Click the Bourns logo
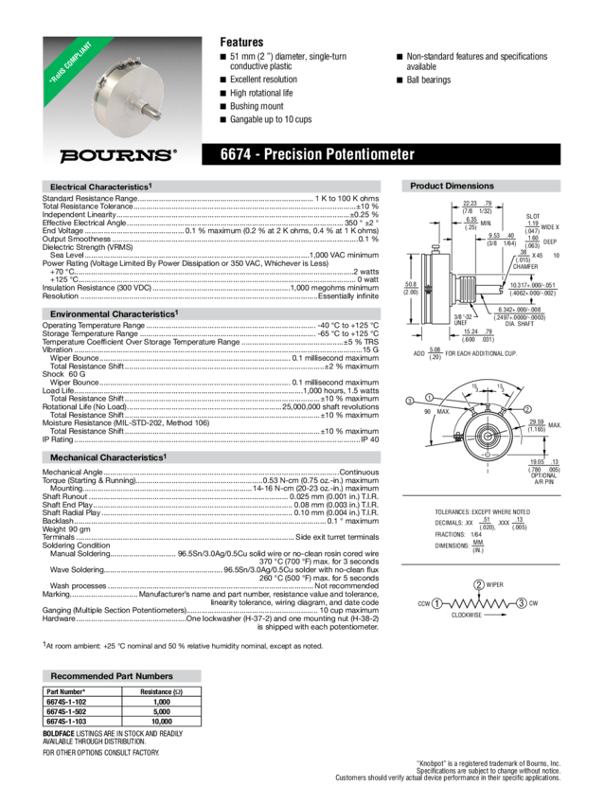pyautogui.click(x=117, y=154)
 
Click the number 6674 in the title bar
pyautogui.click(x=237, y=154)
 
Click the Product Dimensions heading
pyautogui.click(x=453, y=187)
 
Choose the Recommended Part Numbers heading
pyautogui.click(x=111, y=676)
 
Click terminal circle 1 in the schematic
pyautogui.click(x=437, y=602)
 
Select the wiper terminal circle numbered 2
pyautogui.click(x=479, y=582)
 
